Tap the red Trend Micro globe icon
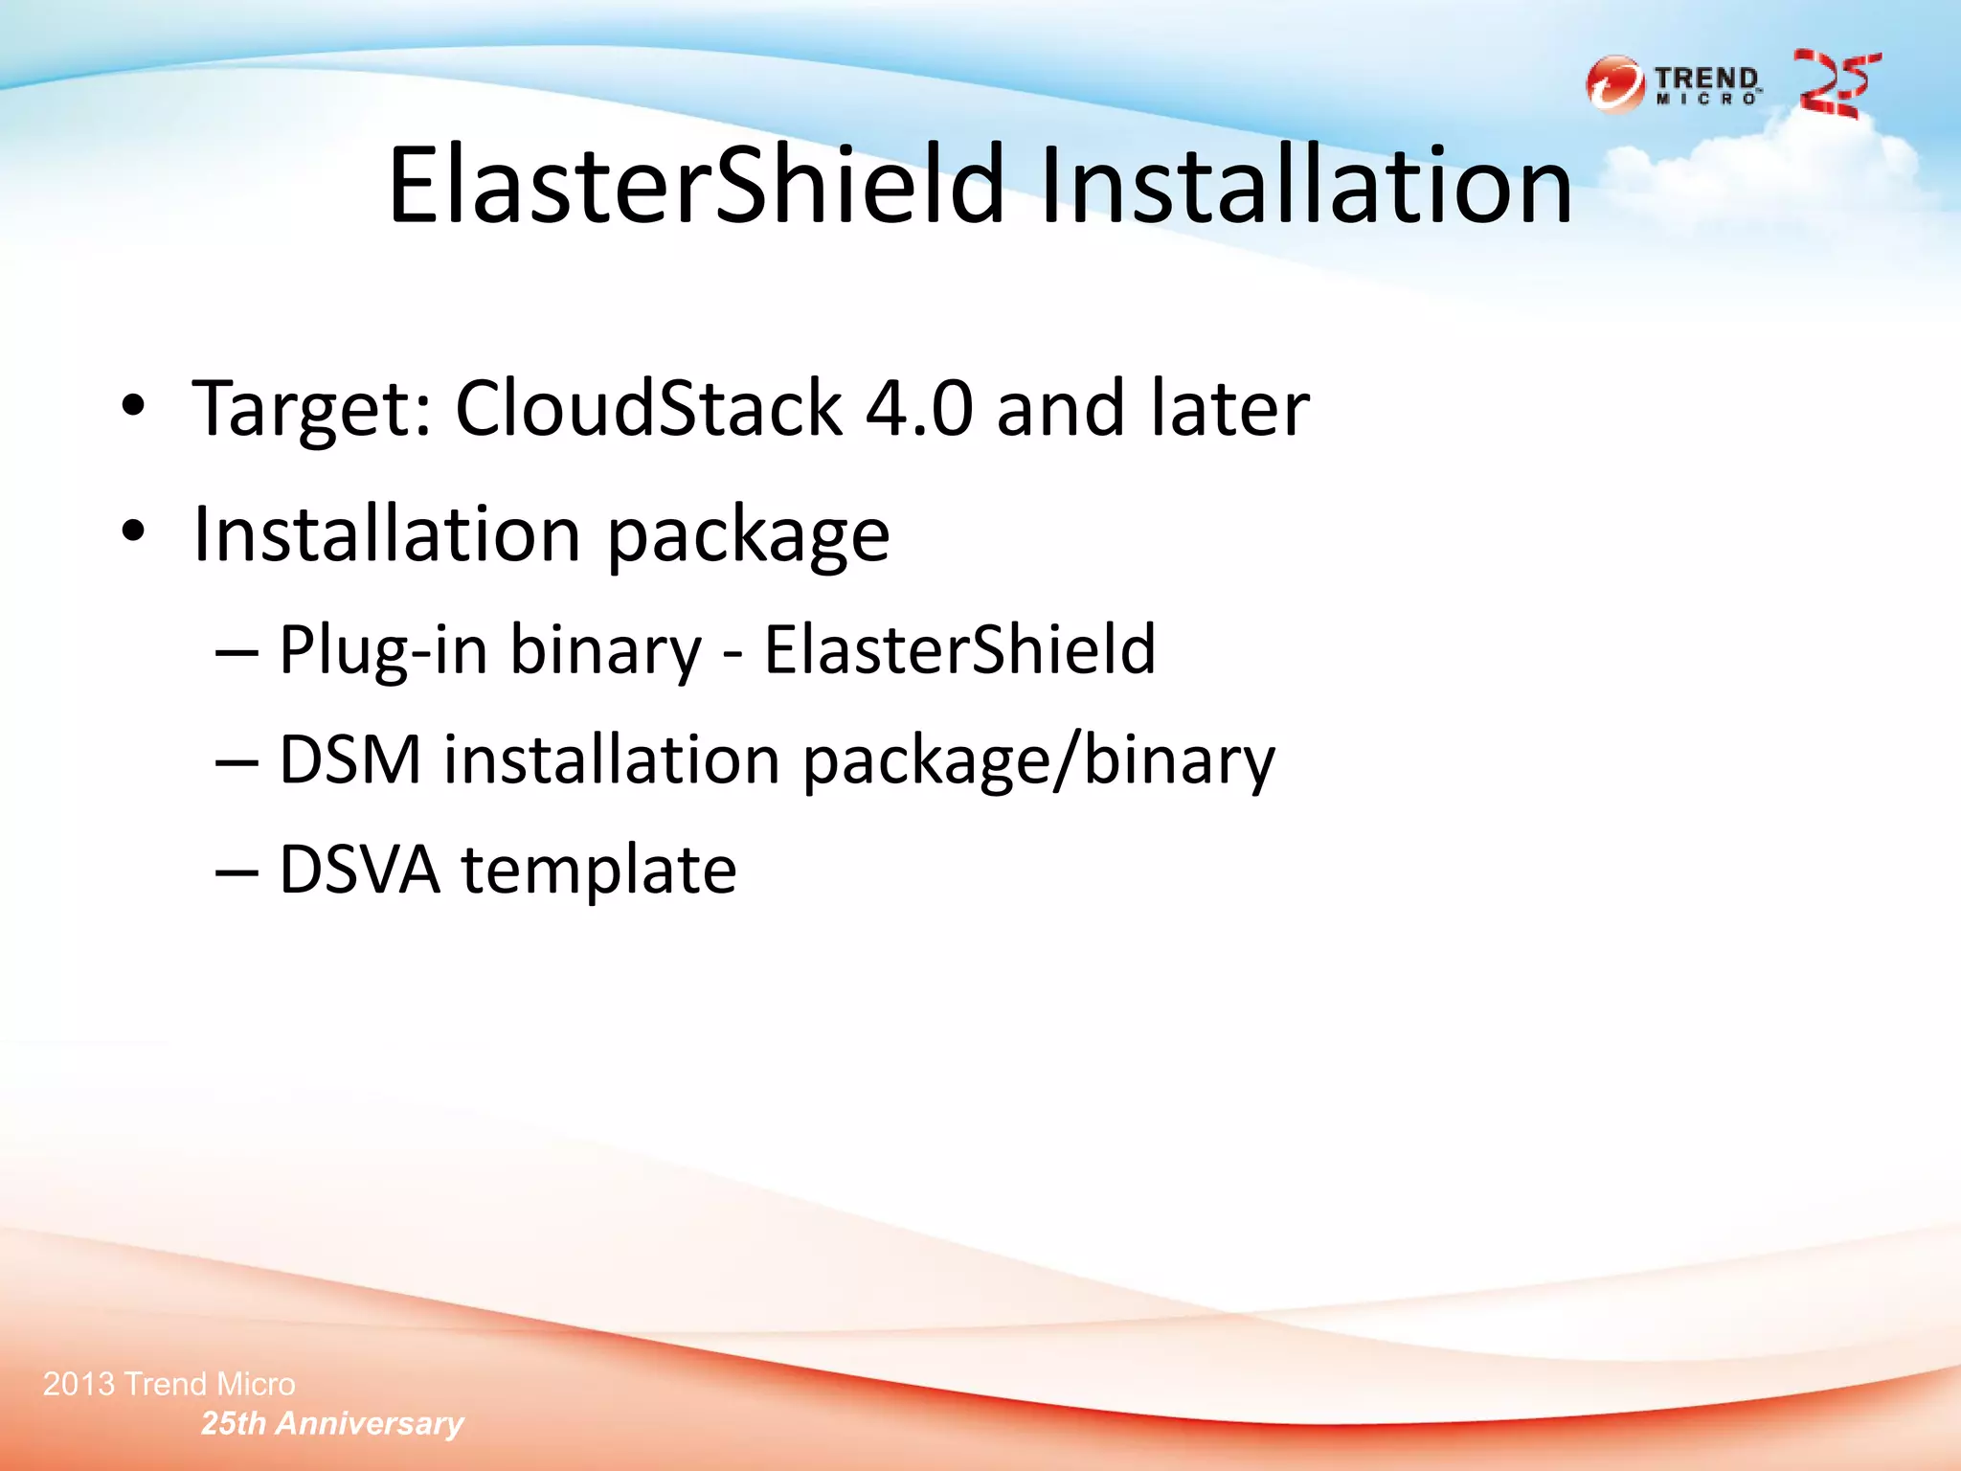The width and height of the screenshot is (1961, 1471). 1614,84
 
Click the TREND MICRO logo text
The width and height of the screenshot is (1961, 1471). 1708,84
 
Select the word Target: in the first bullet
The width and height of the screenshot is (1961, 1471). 312,410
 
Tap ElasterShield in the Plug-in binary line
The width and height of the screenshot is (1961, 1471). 959,650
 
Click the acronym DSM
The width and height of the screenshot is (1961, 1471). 350,760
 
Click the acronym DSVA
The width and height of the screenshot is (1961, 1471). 360,871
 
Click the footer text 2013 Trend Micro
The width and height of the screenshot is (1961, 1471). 169,1384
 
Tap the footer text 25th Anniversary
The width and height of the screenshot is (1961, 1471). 332,1423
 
